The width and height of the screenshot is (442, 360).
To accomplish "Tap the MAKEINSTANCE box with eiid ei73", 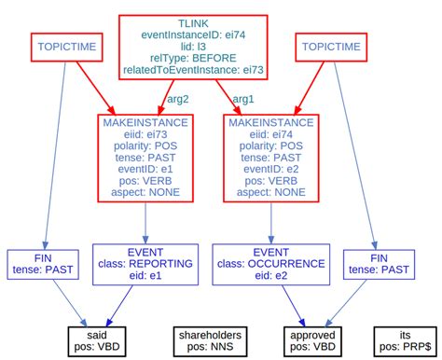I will point(143,157).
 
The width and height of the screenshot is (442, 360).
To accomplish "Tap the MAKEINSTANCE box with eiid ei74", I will point(272,157).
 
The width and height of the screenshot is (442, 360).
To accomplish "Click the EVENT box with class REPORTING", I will point(145,264).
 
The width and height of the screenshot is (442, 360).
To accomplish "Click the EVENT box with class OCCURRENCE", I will point(269,264).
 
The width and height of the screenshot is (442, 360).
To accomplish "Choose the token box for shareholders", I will point(211,341).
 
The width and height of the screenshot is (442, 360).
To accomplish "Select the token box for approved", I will point(312,341).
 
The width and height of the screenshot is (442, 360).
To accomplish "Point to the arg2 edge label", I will point(177,98).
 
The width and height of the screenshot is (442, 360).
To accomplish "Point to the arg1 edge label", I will point(242,98).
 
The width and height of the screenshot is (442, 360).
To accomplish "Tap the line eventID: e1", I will point(143,170).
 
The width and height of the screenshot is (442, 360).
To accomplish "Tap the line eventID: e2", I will point(272,170).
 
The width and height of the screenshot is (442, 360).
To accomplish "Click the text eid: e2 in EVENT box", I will point(269,277).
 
